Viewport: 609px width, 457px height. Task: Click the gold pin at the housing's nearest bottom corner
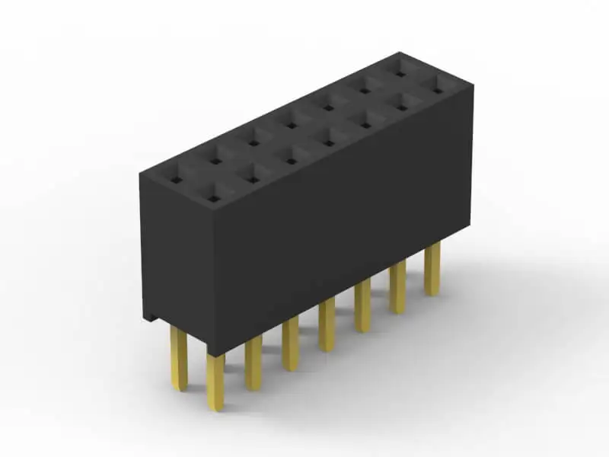(x=215, y=381)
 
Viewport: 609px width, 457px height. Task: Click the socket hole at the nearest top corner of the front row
(x=214, y=199)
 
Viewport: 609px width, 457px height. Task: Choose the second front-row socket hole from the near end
(x=252, y=180)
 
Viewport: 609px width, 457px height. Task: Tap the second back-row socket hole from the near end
(x=215, y=161)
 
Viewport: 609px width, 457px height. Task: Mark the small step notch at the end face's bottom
(x=152, y=316)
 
